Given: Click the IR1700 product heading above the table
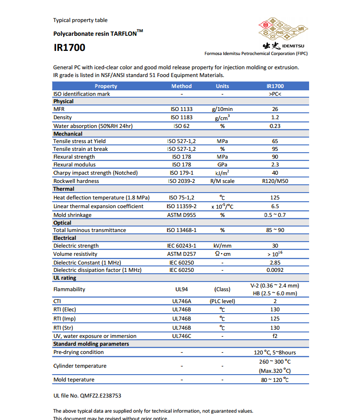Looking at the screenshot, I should (x=69, y=48).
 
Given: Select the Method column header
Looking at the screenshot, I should (x=182, y=86).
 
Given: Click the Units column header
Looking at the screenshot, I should (x=222, y=86).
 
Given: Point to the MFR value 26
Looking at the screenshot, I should (x=275, y=110).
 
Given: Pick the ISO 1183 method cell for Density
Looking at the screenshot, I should (x=182, y=117).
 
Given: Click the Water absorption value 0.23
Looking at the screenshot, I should (x=275, y=126).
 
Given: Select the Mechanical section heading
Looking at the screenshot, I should (x=68, y=133).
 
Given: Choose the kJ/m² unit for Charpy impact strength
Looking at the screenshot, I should (x=222, y=173).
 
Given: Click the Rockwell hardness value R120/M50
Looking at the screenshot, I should (x=275, y=181).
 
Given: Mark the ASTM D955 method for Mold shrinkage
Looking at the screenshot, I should (x=182, y=215).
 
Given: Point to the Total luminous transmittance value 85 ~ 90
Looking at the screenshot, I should (x=275, y=230).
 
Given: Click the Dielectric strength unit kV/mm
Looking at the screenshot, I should (x=222, y=246).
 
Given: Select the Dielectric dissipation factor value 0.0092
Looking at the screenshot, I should (x=275, y=270).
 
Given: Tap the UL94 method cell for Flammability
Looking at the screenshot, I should (x=182, y=289).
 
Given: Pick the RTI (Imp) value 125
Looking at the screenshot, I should (x=275, y=318).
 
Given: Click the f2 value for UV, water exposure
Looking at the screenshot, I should (x=275, y=336).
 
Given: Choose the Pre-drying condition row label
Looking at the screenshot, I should (x=78, y=352).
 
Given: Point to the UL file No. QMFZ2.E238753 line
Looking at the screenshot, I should (x=87, y=395).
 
